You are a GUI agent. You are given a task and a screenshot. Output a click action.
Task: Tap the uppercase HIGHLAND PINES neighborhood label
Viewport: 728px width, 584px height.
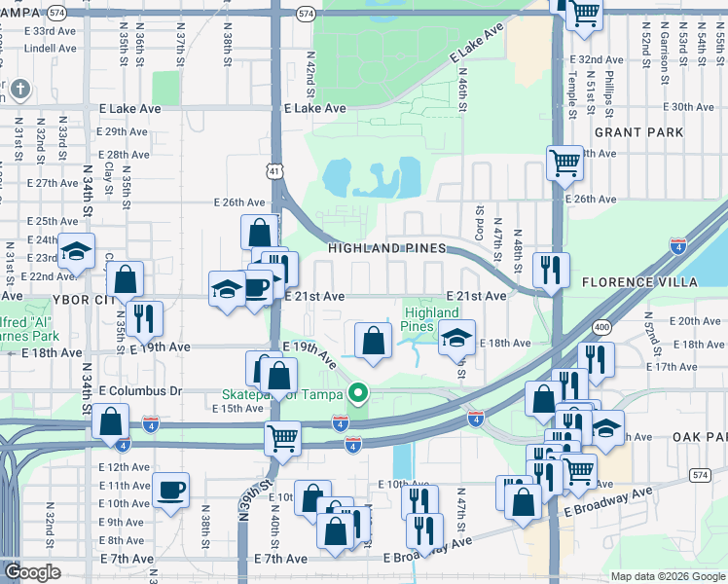pos(386,248)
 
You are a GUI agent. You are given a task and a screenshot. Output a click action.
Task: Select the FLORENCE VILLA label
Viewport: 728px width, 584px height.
pos(640,282)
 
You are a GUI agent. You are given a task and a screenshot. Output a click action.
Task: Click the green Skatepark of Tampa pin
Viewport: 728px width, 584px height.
pos(358,393)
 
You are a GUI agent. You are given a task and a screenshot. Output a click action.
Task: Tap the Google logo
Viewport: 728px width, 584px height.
pos(31,572)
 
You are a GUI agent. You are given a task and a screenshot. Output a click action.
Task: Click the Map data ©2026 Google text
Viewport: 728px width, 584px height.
pos(667,576)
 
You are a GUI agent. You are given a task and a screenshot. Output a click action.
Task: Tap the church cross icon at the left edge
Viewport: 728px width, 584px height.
pos(18,91)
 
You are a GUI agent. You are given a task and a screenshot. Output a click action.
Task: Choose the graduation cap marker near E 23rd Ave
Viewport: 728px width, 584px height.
pos(75,251)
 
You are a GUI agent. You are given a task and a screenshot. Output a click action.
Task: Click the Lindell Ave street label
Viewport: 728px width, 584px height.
pos(51,48)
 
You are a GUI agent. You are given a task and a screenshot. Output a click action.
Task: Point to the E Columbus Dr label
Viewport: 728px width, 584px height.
pos(140,390)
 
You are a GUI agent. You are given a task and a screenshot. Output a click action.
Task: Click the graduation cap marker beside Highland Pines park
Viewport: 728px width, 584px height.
pos(455,337)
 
